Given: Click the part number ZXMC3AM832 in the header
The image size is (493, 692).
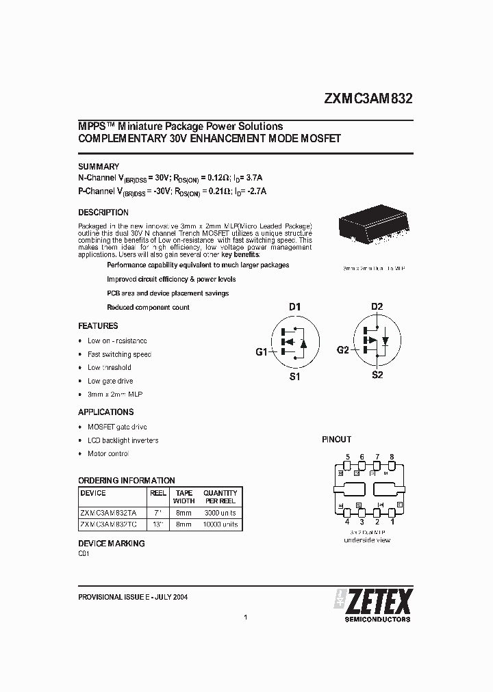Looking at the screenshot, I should click(368, 98).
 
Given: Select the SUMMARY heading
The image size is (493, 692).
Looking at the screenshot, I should click(99, 166).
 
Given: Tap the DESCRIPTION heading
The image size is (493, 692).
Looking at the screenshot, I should click(103, 213).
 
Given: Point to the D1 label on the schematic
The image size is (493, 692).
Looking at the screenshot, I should click(294, 307).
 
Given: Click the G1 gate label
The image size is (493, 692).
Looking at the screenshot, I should click(262, 352).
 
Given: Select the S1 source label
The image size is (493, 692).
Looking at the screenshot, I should click(294, 377).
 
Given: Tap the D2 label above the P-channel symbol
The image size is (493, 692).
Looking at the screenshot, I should click(377, 306).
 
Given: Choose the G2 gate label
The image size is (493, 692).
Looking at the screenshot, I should click(343, 350).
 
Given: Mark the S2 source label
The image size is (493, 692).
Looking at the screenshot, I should click(377, 375).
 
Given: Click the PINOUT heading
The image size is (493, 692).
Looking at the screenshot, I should click(336, 440).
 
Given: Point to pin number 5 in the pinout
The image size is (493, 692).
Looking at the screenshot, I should click(348, 457).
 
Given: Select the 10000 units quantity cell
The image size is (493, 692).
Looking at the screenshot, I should click(220, 524).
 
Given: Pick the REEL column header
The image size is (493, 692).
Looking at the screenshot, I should click(158, 493).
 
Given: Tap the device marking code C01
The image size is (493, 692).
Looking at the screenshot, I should click(84, 555).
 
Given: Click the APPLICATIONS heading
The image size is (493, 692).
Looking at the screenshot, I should click(105, 412).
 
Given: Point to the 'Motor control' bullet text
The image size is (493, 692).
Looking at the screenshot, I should click(108, 454).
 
